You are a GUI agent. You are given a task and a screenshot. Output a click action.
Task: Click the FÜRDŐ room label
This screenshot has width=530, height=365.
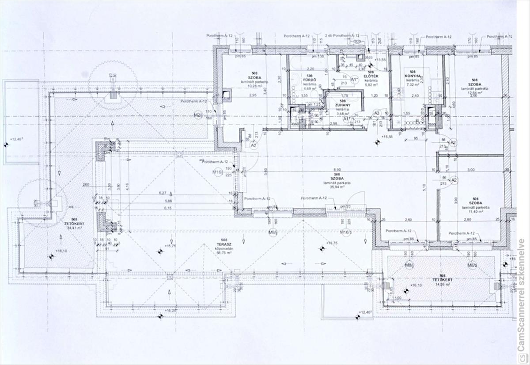[x=309, y=80]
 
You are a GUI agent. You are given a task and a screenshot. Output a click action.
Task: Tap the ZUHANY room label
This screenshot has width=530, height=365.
[x=343, y=105]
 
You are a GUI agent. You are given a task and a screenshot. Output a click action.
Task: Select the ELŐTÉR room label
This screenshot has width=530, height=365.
[x=370, y=76]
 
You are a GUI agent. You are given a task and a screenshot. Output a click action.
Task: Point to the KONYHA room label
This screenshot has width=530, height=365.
[x=413, y=76]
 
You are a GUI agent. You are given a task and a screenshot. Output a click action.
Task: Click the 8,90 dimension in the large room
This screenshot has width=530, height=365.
[x=337, y=170]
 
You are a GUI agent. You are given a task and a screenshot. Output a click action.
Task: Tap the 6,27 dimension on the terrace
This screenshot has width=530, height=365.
[x=163, y=193]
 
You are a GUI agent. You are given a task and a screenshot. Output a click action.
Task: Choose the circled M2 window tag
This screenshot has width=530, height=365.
[x=197, y=115]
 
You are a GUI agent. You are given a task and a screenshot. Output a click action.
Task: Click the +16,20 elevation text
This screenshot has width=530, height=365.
[x=170, y=311]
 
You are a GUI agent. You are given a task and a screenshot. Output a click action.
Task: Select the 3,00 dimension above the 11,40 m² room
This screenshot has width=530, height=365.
[x=471, y=170]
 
